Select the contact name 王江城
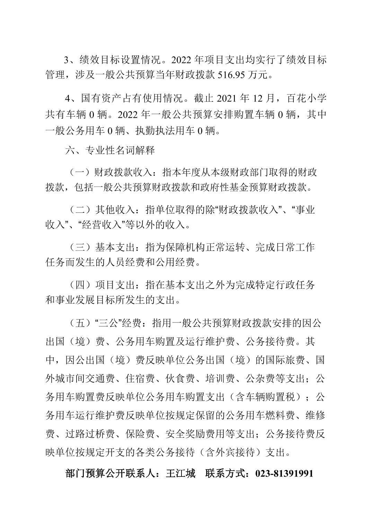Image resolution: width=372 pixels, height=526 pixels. coord(182,473)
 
